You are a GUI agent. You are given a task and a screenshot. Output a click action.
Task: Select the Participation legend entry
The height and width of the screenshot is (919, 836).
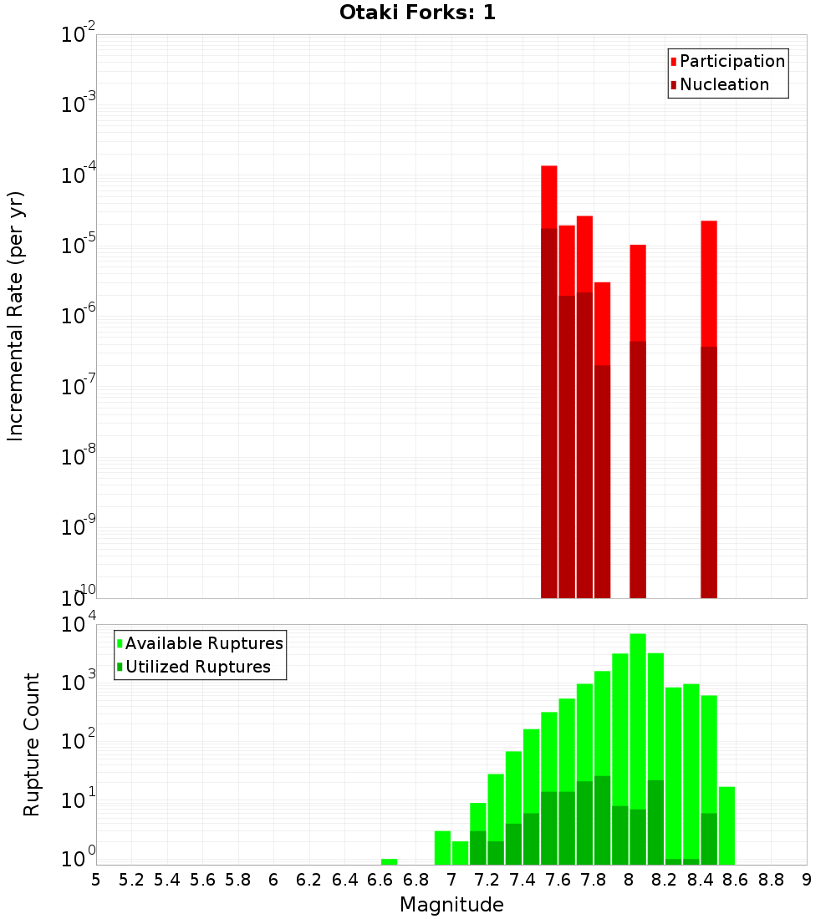coord(732,61)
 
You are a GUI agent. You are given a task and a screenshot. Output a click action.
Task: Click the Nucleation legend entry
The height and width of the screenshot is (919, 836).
coord(724,84)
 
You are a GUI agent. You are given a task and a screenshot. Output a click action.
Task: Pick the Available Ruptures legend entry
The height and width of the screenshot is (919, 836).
coord(204,643)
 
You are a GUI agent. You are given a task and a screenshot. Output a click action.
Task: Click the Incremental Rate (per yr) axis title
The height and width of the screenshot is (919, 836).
coord(16,317)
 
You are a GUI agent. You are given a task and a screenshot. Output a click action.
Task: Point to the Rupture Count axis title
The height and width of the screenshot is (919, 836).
coord(32,744)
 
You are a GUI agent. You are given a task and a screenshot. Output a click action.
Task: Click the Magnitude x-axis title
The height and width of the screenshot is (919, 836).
coord(451,905)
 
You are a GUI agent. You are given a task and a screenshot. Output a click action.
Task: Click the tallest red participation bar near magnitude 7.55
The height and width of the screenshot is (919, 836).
coord(549,197)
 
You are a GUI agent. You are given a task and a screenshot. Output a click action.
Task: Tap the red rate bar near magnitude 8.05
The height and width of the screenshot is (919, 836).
coord(638,292)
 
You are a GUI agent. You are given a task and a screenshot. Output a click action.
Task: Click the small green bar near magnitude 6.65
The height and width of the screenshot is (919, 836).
coord(389,861)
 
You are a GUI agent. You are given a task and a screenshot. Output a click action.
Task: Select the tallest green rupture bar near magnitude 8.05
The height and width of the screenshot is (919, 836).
coord(638,718)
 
